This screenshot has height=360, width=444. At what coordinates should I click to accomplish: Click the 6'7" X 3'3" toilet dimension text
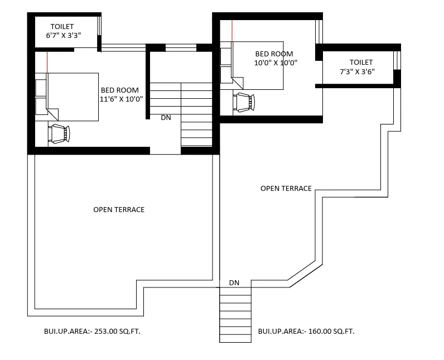pos(64,35)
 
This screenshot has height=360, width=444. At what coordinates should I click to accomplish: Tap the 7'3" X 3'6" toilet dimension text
pos(358,71)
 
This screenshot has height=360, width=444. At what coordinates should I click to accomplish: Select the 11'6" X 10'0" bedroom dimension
pos(121,99)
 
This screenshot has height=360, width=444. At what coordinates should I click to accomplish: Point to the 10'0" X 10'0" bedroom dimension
pos(276,63)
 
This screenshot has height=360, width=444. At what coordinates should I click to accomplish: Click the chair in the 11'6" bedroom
pos(59,133)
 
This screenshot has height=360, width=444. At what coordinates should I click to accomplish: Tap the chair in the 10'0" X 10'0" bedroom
pos(244,102)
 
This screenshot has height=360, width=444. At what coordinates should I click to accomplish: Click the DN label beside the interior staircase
pos(166,118)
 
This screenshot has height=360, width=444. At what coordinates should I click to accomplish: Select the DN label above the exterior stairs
pos(234,282)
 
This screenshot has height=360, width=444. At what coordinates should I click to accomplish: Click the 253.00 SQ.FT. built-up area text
pos(117,331)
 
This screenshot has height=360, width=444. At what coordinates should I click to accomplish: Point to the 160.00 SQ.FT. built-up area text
pos(331,331)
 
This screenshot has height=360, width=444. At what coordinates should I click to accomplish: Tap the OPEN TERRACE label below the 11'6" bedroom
pos(119,210)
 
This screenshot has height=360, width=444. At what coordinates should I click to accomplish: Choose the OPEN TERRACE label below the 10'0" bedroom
pos(286,188)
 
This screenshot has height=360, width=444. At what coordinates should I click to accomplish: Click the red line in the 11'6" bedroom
pos(47,62)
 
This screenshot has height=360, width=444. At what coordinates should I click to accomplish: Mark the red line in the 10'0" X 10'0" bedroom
pos(232,31)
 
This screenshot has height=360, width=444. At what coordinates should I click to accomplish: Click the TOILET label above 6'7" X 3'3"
pos(62,27)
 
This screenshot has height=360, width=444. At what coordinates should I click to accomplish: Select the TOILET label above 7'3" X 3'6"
pos(361,63)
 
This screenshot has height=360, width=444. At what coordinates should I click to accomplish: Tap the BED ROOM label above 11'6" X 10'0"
pos(120,90)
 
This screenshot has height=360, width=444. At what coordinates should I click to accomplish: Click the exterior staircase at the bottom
pos(235,315)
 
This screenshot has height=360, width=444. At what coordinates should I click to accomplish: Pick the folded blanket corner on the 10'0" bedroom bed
pos(238,82)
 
